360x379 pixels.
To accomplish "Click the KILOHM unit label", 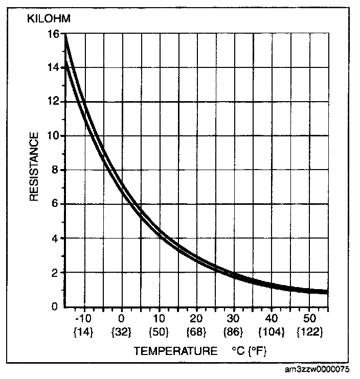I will [x=48, y=19].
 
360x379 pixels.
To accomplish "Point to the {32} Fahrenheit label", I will [x=122, y=331].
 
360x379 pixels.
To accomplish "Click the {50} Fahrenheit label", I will [x=159, y=331].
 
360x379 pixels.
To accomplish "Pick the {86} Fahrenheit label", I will [x=234, y=331].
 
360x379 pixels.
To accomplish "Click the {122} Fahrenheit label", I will [x=309, y=331].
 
